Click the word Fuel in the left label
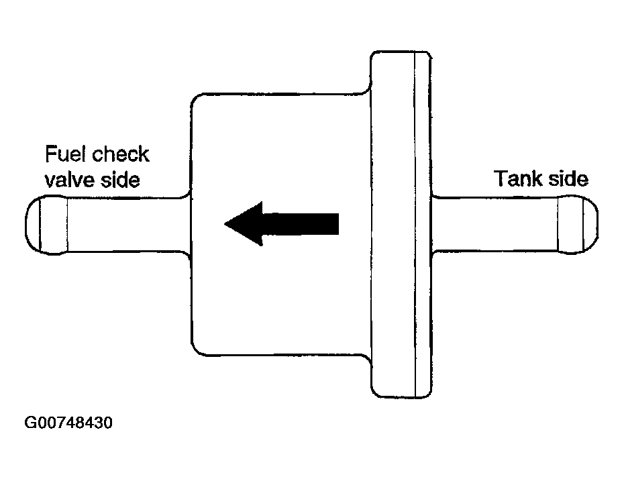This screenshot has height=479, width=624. [x=65, y=155]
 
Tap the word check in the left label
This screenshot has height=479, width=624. [x=121, y=155]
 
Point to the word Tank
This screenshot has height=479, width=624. [x=517, y=179]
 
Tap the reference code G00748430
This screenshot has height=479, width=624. [x=69, y=424]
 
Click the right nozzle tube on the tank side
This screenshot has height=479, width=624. [x=497, y=225]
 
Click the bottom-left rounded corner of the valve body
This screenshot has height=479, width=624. [x=196, y=349]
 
